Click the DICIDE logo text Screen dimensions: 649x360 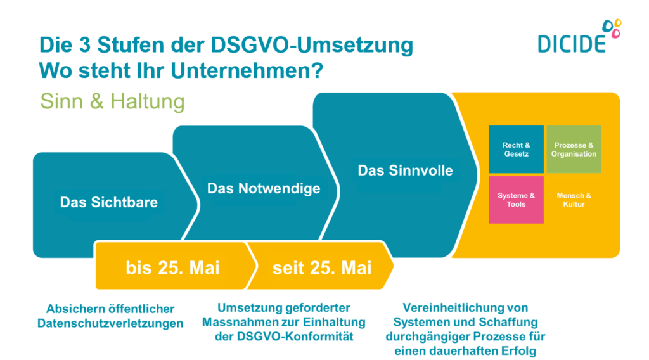[x=572, y=44]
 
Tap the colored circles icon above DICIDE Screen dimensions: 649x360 [x=612, y=28]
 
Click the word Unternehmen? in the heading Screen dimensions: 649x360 [x=247, y=71]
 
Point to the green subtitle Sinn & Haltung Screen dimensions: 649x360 [x=112, y=101]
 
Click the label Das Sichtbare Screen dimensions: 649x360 [x=109, y=202]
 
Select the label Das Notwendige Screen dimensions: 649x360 [x=264, y=188]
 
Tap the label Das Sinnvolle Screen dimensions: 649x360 [x=405, y=170]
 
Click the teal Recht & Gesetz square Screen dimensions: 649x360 [x=516, y=150]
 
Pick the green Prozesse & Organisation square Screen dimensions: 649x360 [x=574, y=150]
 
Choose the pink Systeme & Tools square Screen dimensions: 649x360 [x=516, y=200]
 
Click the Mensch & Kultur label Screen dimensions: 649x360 [x=574, y=200]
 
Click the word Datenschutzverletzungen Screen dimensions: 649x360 [x=110, y=323]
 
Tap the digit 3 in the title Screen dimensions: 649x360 [x=84, y=45]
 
